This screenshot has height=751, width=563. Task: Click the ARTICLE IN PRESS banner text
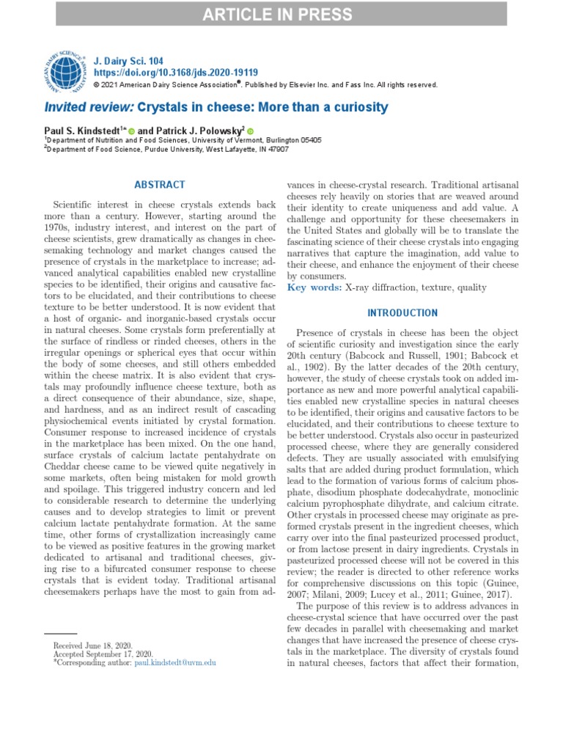coord(281,13)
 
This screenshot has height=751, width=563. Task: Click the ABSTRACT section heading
coord(160,185)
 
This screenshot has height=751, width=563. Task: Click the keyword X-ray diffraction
coord(381,287)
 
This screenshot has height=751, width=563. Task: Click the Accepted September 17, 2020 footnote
coord(103,653)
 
